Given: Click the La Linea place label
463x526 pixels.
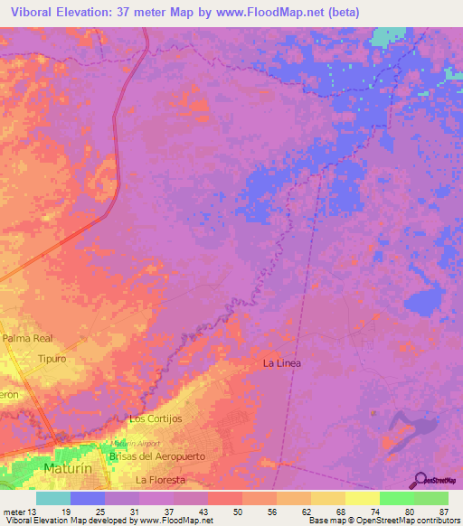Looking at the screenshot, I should (281, 363).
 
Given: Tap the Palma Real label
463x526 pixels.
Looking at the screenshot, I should (28, 339).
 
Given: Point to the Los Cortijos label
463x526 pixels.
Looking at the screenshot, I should (156, 419).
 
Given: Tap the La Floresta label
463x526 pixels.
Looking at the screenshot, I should (160, 480).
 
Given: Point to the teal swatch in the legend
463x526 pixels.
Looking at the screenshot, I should (52, 498).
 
